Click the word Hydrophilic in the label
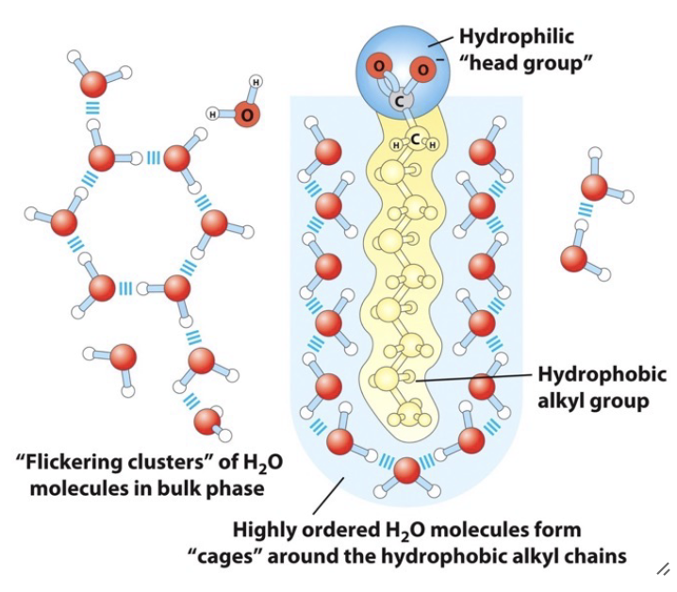(516, 37)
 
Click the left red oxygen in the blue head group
(378, 66)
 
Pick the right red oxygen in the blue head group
(421, 67)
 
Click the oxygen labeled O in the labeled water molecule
(246, 114)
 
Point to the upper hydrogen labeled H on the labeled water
(256, 82)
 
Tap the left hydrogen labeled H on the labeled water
(213, 114)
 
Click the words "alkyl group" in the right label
(593, 401)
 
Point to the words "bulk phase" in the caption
(214, 488)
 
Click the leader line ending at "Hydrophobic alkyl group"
(471, 378)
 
